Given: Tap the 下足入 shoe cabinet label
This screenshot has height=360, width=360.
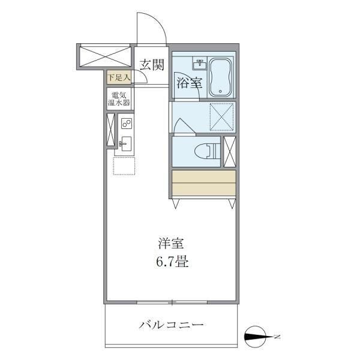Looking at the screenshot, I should [120, 77].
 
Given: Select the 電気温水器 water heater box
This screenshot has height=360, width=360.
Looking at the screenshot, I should [119, 99].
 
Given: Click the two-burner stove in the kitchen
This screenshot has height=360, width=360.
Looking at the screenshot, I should [126, 124].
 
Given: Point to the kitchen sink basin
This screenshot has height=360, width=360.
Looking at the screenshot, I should [126, 143].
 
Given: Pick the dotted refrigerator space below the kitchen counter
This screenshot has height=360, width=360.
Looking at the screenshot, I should [125, 166].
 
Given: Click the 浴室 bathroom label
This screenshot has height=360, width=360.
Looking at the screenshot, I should [189, 84].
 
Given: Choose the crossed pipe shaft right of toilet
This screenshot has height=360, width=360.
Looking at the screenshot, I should [229, 152].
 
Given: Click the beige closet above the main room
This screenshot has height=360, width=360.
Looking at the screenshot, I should [203, 183].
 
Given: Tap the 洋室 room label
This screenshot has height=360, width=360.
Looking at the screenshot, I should [170, 244].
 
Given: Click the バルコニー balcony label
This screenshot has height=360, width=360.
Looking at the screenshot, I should [172, 326].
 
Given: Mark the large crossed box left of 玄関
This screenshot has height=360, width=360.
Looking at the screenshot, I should [104, 57].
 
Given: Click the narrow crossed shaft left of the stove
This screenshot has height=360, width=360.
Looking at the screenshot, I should [110, 129].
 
